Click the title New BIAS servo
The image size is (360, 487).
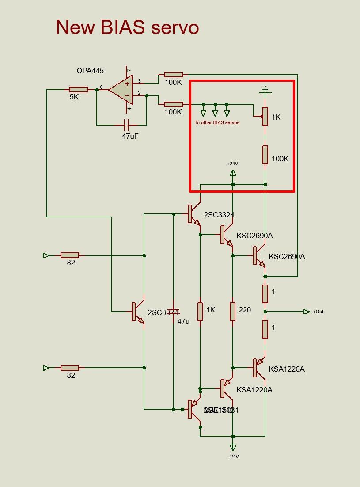(x=127, y=27)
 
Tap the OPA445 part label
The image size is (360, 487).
(x=90, y=71)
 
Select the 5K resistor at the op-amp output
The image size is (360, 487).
(x=79, y=90)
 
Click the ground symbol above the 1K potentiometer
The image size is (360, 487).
(x=265, y=90)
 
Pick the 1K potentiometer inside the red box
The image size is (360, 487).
(x=265, y=116)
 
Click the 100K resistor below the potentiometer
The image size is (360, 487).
(x=265, y=155)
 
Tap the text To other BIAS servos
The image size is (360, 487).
(x=217, y=122)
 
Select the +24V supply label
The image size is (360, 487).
(x=232, y=164)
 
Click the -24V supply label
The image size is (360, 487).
(x=233, y=457)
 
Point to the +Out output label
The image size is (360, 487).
(x=318, y=312)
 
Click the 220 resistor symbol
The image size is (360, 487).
(x=233, y=311)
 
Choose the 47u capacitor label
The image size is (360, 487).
(x=183, y=321)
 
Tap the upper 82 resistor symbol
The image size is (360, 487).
(x=70, y=255)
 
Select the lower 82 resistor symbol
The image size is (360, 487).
(x=70, y=368)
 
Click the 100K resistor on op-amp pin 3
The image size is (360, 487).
(x=173, y=75)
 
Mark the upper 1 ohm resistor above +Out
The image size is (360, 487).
(x=265, y=293)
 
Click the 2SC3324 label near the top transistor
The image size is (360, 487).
(x=219, y=215)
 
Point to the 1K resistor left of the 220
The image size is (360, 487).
(x=200, y=311)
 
